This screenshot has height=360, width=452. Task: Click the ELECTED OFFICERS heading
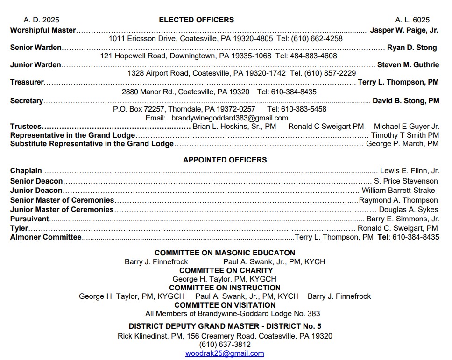pos(196,20)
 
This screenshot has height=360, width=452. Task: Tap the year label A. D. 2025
pos(42,20)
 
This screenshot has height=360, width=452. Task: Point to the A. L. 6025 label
pos(412,20)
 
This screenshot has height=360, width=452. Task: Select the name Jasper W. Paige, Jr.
pos(404,30)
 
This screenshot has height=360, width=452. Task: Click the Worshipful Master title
pos(43,30)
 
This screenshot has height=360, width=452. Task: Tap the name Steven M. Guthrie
pos(408,65)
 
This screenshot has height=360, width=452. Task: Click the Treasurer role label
pos(27,82)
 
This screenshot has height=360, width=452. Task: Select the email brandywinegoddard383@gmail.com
pos(230,118)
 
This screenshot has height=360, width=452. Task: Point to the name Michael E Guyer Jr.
pos(406,127)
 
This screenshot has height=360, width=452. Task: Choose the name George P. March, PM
pos(402,144)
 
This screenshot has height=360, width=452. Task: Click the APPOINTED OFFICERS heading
pos(225,160)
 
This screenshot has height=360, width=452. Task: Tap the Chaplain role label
pos(26,171)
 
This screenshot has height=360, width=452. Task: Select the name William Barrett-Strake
pos(398,191)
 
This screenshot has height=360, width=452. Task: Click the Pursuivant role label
pos(29,219)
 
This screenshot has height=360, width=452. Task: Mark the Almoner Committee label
pos(46,237)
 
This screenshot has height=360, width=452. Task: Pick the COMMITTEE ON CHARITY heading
pos(226,270)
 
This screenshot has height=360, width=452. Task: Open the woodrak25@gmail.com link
pos(225,353)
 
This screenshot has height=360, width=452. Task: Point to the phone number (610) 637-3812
pos(225,345)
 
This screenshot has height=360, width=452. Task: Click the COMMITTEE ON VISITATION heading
pos(225,305)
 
